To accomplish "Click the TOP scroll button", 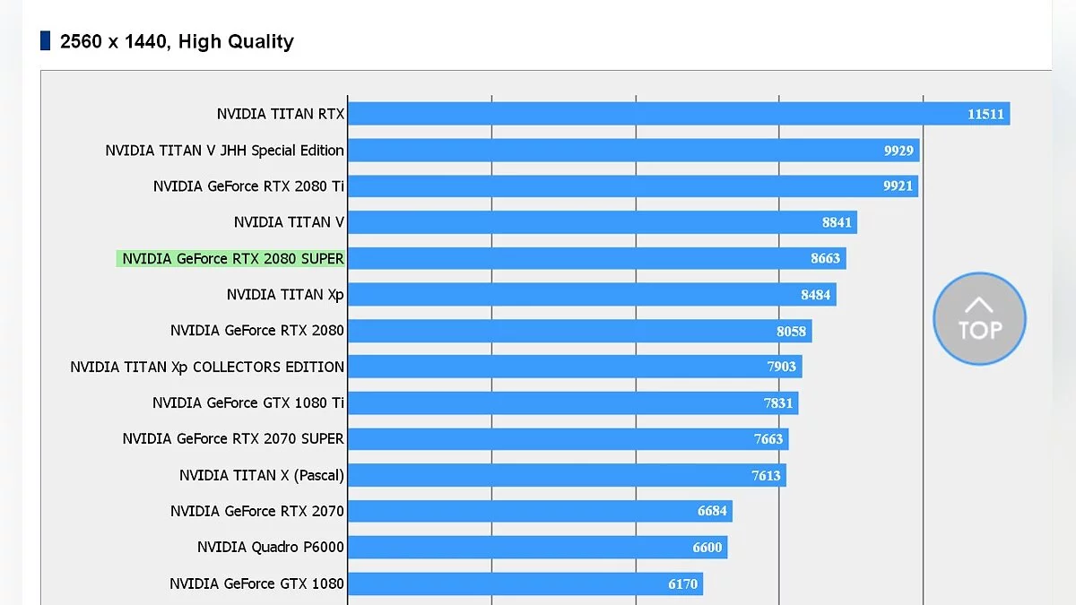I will pos(979,320).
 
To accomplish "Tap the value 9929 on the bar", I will pos(898,151).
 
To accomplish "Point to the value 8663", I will pos(825,259).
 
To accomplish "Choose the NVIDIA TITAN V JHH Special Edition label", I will pos(224,151).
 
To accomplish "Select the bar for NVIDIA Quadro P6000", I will pos(537,547).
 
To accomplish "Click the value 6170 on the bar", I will pos(682,584).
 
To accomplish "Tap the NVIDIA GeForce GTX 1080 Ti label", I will pos(247,403).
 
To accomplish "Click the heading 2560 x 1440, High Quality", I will pos(177,41).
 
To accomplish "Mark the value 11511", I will pos(985,114).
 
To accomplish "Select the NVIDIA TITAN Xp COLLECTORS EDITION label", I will pos(207,367).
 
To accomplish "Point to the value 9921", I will pos(898,186).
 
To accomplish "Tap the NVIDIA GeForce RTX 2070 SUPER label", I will pos(233,439).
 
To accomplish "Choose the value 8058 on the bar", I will pos(791,331).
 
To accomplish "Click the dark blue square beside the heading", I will pos(46,40).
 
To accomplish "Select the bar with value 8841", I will pos(602,222).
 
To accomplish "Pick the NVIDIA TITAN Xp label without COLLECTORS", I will pos(285,295).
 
